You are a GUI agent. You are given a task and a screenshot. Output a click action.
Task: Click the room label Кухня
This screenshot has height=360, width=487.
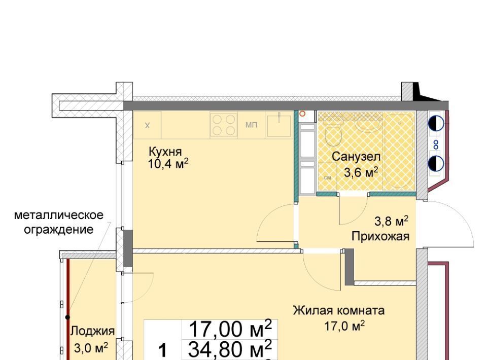click(165, 152)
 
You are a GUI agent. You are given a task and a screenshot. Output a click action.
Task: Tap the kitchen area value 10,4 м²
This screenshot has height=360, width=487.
click(168, 164)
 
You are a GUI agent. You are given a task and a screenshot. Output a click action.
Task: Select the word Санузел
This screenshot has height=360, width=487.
click(356, 156)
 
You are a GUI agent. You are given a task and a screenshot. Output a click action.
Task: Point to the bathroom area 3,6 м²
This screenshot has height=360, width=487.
click(361, 172)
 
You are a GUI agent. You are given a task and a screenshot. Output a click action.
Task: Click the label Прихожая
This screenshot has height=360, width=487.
click(380, 236)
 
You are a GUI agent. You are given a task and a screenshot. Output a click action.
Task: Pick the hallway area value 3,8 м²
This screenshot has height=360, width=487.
click(391, 221)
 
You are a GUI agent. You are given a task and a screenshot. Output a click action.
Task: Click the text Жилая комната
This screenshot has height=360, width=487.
click(339, 310)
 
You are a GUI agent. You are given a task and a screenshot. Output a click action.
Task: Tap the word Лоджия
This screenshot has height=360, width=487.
click(92, 331)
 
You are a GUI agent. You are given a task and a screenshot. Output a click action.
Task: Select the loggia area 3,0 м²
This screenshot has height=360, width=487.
click(91, 348)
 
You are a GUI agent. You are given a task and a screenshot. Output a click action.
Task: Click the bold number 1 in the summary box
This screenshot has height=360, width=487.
click(163, 351)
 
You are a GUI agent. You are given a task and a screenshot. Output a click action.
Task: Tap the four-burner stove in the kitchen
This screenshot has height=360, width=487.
click(224, 125)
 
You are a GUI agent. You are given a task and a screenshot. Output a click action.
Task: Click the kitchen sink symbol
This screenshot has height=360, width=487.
click(279, 125)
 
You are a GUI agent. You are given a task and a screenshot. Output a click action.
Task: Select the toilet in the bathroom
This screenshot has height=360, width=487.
click(333, 134)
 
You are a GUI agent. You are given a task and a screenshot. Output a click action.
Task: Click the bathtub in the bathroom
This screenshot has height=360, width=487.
click(399, 151)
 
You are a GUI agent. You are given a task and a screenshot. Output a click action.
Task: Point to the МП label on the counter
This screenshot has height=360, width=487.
click(251, 125)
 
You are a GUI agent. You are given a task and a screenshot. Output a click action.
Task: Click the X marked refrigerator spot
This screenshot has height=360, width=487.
click(148, 125)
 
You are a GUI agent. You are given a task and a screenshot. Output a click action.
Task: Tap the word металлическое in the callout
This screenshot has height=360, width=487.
click(59, 215)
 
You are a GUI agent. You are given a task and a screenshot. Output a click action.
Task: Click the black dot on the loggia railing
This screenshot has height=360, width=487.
click(67, 317)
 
